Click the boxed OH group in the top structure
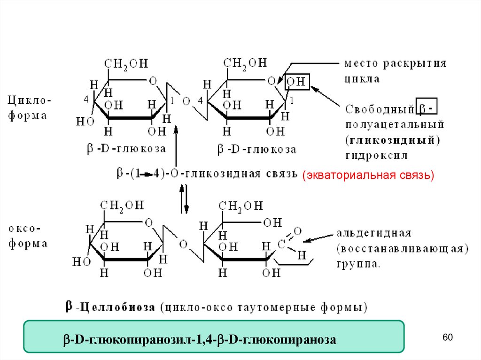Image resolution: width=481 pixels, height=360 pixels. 296,82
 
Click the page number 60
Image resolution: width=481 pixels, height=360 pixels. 448,338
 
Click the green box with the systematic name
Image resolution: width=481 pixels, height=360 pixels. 214,337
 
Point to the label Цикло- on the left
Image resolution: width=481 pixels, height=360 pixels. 29,100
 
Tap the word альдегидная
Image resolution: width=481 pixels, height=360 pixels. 374,233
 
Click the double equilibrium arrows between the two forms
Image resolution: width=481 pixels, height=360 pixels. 184,199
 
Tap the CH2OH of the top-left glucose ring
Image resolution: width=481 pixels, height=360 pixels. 126,63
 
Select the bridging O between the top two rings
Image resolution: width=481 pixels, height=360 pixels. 186,100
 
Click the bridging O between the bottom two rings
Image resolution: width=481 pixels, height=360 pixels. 183,244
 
